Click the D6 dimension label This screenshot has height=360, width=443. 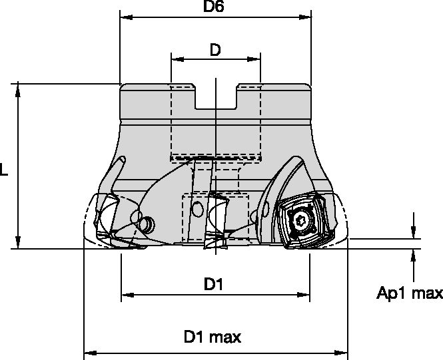tap(214, 7)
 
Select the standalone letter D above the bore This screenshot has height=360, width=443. tap(215, 50)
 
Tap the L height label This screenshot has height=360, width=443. tap(5, 170)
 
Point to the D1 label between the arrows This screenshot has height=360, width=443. tap(213, 285)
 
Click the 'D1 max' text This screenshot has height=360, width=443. tap(213, 337)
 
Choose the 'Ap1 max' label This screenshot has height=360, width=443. tap(410, 293)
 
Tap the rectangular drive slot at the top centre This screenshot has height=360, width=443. tap(215, 98)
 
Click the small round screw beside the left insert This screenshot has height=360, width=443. tap(147, 224)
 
